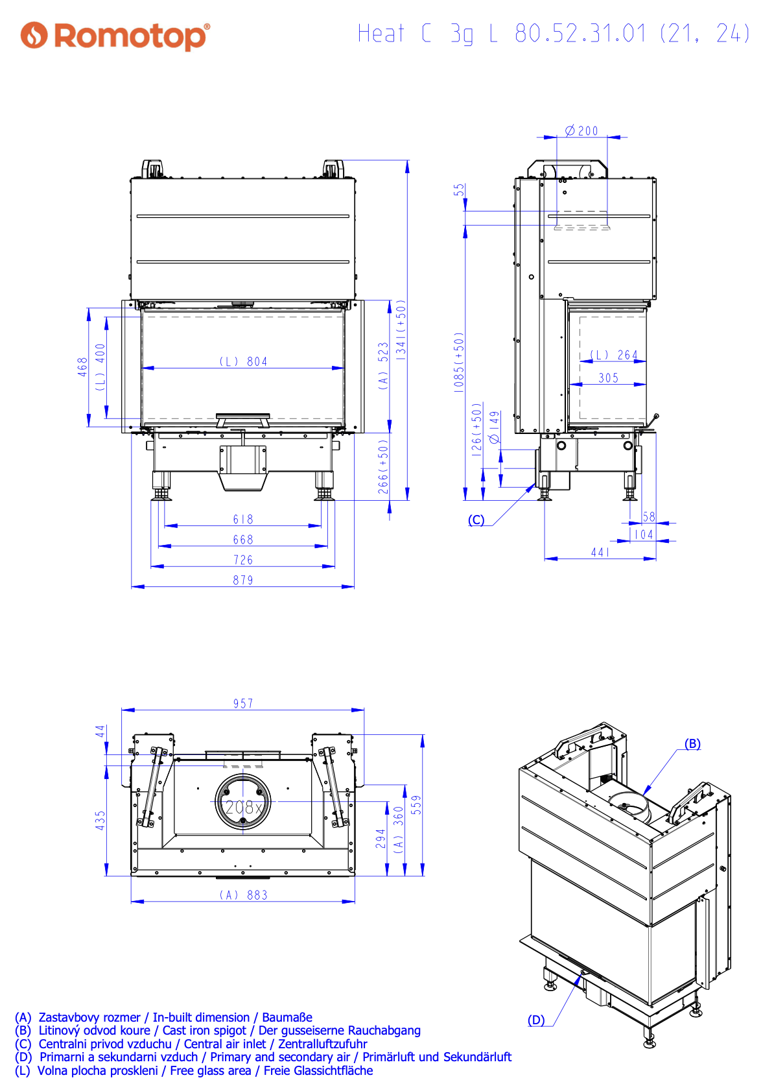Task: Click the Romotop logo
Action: (x=115, y=36)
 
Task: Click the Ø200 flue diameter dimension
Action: (x=581, y=131)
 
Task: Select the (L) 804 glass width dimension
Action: (x=243, y=361)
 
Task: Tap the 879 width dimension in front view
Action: (x=243, y=580)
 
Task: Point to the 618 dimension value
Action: (x=243, y=519)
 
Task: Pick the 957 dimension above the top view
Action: (x=243, y=703)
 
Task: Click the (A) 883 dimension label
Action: (x=243, y=895)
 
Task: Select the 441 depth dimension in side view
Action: (x=600, y=552)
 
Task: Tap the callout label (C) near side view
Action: (x=476, y=520)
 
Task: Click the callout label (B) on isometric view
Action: (x=692, y=743)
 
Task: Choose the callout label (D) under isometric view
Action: (x=536, y=1020)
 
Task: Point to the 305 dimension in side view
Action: (x=608, y=378)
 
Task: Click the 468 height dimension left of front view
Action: (x=83, y=367)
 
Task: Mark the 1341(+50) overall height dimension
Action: (x=401, y=330)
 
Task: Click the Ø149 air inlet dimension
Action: (x=495, y=427)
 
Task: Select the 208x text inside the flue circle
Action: (x=243, y=807)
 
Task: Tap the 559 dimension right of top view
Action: (x=416, y=804)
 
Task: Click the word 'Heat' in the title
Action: (x=381, y=33)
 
